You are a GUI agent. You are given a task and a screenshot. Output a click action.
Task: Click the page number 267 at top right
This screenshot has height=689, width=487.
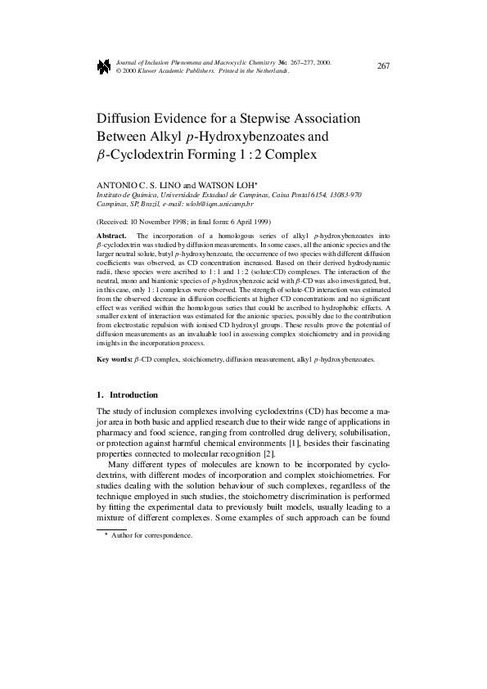[x=383, y=65]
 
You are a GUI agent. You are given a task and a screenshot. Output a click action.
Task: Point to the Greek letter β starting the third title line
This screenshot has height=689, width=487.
[x=101, y=154]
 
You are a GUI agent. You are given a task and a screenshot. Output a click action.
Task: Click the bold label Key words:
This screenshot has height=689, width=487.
[x=116, y=359]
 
